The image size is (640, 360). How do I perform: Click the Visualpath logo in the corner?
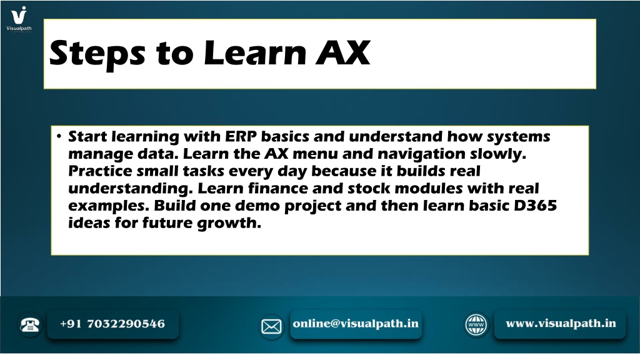point(19,18)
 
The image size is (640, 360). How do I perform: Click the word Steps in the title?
point(97,54)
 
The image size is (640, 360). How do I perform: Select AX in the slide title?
point(343,52)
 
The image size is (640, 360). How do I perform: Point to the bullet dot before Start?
point(59,136)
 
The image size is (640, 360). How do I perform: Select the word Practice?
point(100,171)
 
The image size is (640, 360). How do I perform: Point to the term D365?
point(535,205)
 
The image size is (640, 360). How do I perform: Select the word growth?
point(229,223)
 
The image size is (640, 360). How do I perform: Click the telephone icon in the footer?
point(30,324)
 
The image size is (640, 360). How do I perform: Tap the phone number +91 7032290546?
point(112,324)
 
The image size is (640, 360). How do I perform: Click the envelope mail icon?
point(271,326)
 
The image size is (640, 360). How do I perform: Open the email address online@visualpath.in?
point(356,323)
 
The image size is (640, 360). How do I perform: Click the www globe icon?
point(476,325)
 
